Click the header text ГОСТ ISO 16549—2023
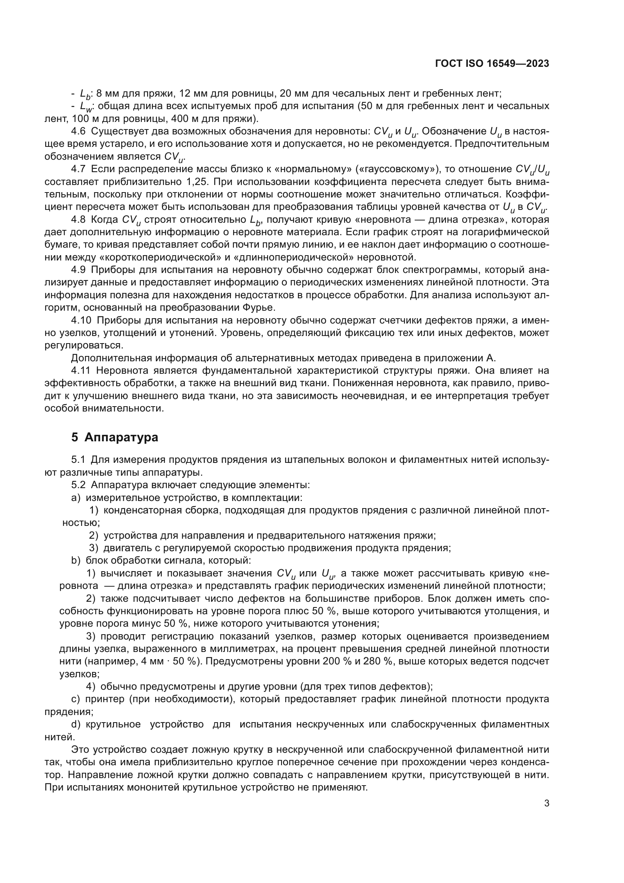pyautogui.click(x=492, y=64)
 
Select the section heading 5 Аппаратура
pyautogui.click(x=115, y=437)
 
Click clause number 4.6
pyautogui.click(x=78, y=131)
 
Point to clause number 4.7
pyautogui.click(x=78, y=169)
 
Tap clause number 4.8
pyautogui.click(x=78, y=220)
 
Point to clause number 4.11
pyautogui.click(x=81, y=371)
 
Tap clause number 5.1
pyautogui.click(x=78, y=459)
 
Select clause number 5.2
pyautogui.click(x=78, y=485)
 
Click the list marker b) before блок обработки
pyautogui.click(x=76, y=561)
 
